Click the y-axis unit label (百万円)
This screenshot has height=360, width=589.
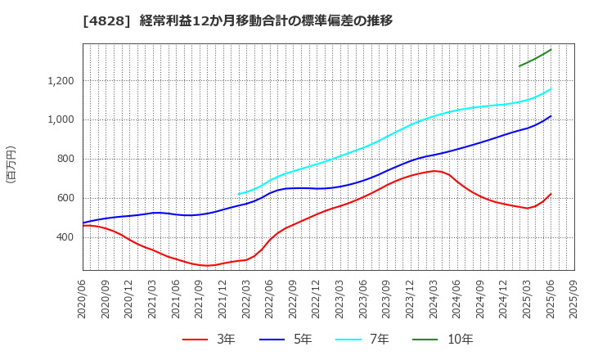pos(11,164)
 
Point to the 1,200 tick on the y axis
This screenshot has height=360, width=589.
pos(60,81)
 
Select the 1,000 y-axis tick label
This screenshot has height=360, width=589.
pos(60,119)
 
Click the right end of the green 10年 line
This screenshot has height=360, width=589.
pos(551,49)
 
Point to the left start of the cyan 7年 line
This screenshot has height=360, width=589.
pos(239,194)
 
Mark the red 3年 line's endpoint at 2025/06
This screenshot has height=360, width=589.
pos(551,194)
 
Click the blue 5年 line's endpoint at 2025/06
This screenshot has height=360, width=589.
pos(551,116)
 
